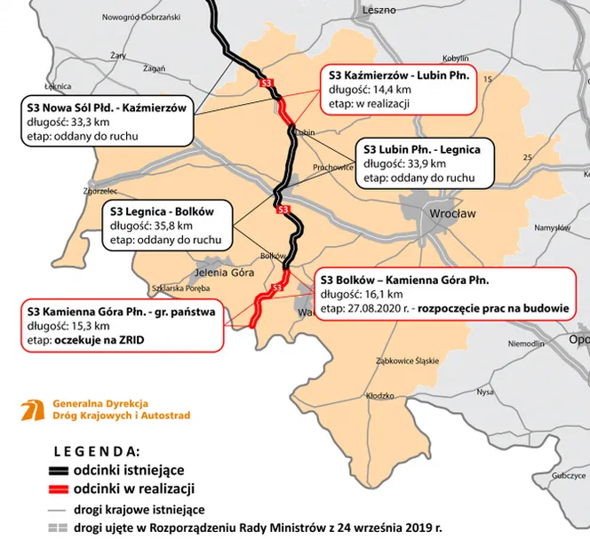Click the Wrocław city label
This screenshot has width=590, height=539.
pyautogui.click(x=451, y=214)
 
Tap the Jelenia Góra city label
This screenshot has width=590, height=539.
pyautogui.click(x=216, y=272)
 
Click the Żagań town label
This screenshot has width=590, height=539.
pyautogui.click(x=154, y=69)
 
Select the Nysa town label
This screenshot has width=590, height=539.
pyautogui.click(x=484, y=391)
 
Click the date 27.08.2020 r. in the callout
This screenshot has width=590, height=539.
pyautogui.click(x=380, y=309)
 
